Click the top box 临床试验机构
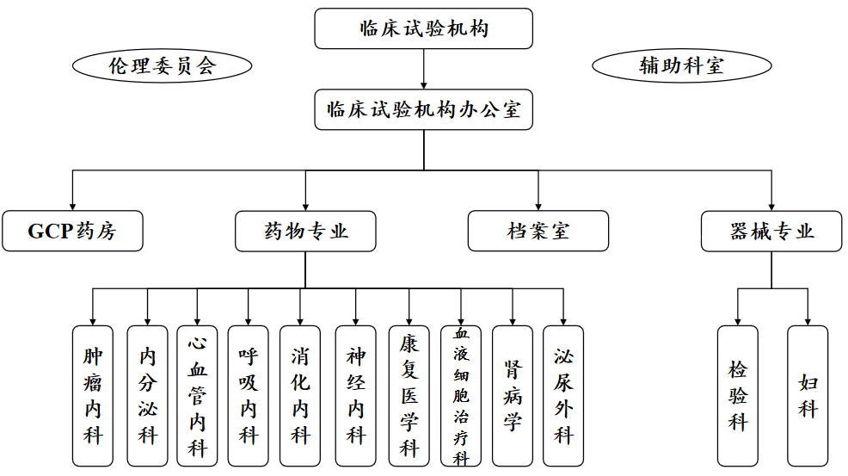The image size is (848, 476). (423, 28)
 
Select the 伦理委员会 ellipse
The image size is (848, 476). (162, 65)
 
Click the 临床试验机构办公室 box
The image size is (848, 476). (423, 110)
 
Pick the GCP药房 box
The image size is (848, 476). (72, 232)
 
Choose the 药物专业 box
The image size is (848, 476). (305, 232)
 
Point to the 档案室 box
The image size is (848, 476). (538, 232)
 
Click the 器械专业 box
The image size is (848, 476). (771, 232)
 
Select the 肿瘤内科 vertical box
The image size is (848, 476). (93, 396)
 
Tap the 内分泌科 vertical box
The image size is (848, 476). (147, 396)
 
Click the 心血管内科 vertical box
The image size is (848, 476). (198, 396)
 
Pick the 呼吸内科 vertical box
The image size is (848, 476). (249, 396)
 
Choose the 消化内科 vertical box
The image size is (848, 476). (300, 396)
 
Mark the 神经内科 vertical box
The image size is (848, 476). (356, 396)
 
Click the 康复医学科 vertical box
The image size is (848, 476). (409, 396)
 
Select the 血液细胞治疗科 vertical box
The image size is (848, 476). (462, 396)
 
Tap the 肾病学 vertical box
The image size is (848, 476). (513, 396)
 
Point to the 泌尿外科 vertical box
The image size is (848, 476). (563, 396)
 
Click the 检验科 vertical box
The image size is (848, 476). (738, 396)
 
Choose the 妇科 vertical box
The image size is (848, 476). (808, 396)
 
